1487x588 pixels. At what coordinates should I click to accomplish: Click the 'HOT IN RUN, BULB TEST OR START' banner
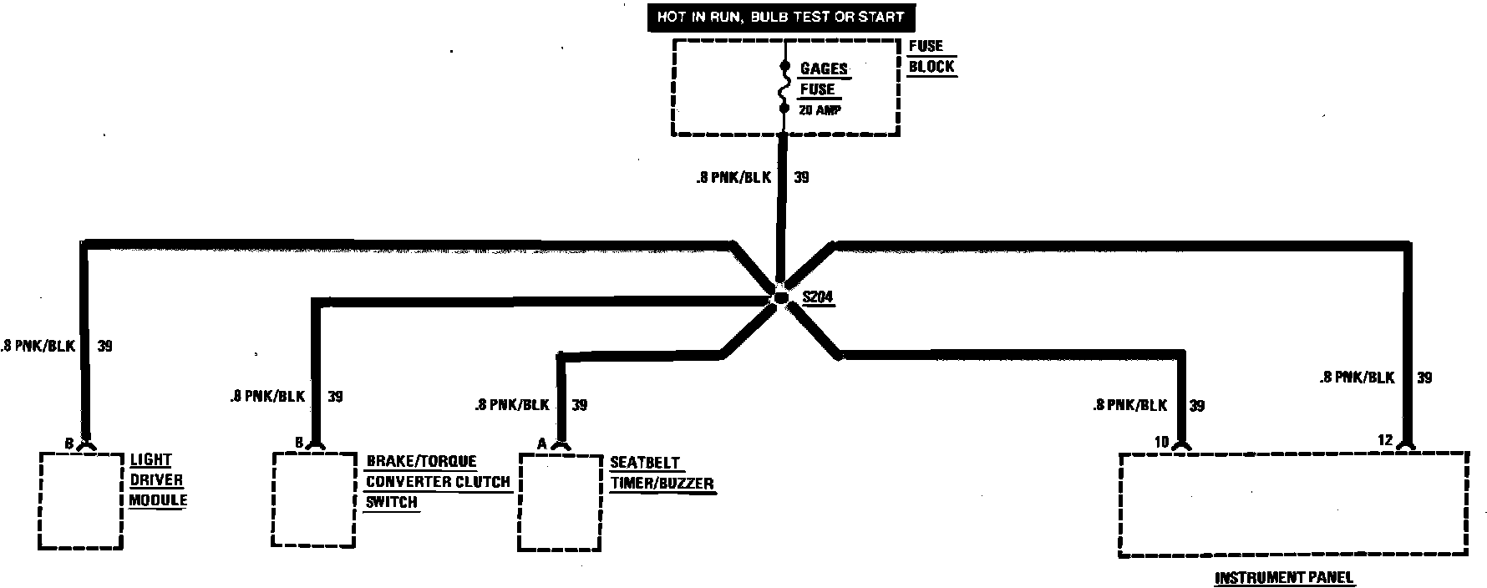point(780,17)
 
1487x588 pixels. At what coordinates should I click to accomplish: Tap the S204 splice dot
point(780,298)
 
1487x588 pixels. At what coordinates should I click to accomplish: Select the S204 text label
point(817,297)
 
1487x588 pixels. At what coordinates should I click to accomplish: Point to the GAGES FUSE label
point(823,79)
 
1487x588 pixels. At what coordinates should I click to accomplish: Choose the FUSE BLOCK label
point(930,57)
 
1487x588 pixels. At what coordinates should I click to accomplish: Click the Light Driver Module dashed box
point(81,500)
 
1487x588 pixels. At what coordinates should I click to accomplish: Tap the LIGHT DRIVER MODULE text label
point(157,480)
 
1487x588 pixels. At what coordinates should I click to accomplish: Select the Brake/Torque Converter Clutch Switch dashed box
point(314,500)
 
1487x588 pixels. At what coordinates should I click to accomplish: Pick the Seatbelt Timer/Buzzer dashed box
point(560,502)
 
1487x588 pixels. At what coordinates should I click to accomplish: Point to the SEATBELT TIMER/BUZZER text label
point(661,473)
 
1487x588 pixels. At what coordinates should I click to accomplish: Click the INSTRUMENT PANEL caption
point(1283,577)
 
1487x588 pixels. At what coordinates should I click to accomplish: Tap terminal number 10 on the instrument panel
point(1161,442)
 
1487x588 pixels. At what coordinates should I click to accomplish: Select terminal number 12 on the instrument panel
point(1385,440)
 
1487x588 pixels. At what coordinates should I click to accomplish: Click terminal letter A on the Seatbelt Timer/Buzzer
point(541,444)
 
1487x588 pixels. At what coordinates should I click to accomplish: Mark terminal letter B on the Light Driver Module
point(69,443)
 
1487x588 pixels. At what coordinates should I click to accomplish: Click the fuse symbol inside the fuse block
point(784,87)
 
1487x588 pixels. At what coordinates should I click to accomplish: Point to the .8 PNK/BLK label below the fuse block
point(733,178)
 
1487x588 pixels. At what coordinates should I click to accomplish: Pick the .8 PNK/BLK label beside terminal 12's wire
point(1357,378)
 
